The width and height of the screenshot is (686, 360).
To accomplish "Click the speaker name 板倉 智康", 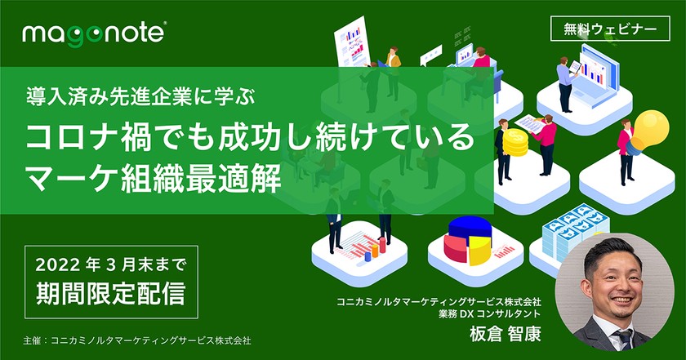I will pos(505,335).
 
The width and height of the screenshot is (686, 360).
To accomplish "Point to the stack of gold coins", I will pos(515,146).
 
